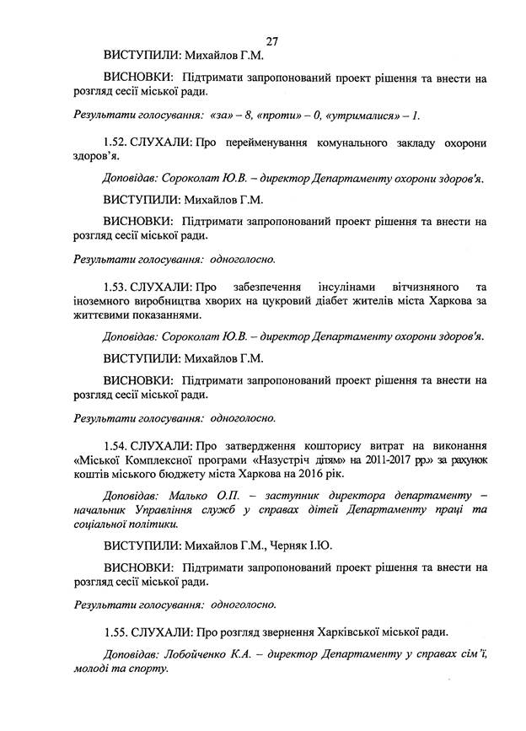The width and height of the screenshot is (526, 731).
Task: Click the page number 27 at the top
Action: pos(271,40)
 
